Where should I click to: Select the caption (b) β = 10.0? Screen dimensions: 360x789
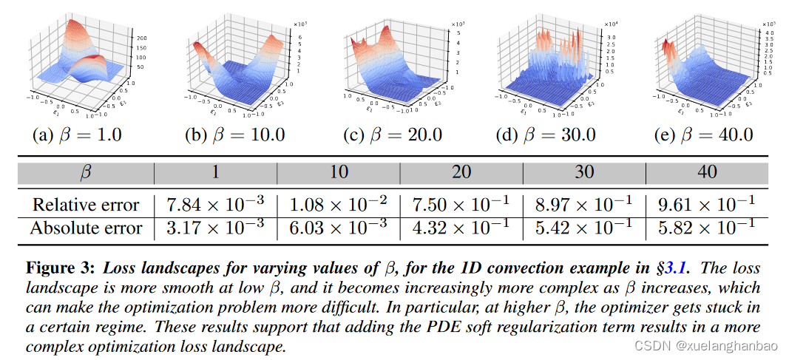point(235,135)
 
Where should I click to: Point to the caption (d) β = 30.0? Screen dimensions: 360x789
point(547,135)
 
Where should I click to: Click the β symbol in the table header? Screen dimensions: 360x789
point(85,173)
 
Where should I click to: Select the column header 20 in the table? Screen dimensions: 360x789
point(461,173)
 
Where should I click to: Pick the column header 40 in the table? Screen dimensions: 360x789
point(706,173)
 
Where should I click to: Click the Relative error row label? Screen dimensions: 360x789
point(85,205)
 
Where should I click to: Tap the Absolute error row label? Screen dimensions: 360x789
point(85,228)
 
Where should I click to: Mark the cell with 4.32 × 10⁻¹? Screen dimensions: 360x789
point(461,228)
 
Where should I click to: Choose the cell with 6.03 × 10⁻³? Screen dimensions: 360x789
point(338,228)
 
